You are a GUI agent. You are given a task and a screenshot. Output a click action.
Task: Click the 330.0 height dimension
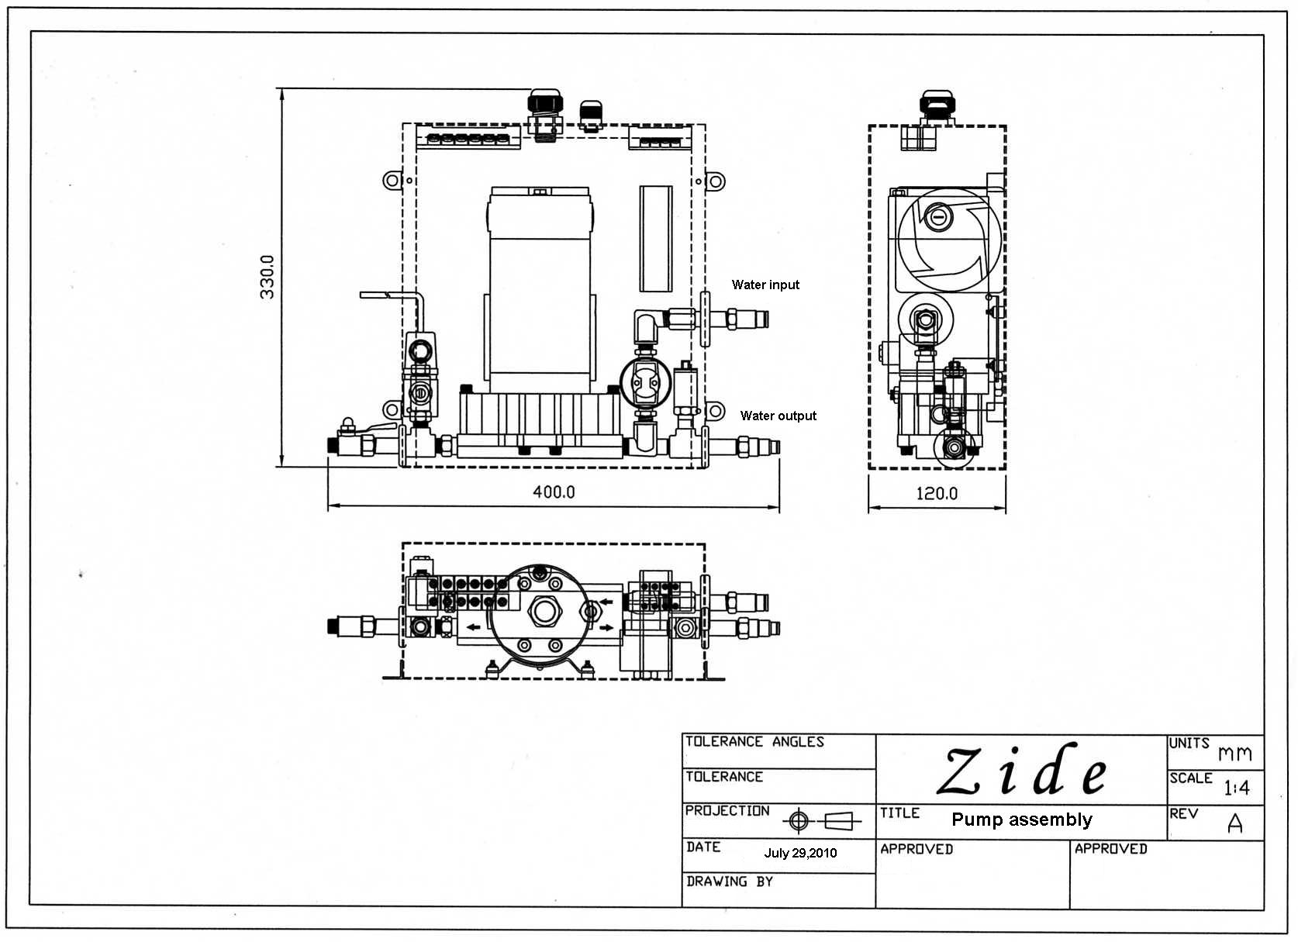pos(267,277)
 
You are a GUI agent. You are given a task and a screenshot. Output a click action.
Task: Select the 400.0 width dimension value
pos(554,492)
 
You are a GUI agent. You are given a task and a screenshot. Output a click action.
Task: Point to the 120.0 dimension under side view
pos(937,493)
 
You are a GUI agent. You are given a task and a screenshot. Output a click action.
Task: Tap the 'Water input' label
pos(765,285)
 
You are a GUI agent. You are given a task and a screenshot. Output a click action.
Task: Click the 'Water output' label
pos(778,416)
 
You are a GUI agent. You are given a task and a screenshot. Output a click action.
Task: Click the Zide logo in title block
pos(1022,771)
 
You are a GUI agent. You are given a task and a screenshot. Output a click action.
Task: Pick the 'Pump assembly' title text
pos(1021,820)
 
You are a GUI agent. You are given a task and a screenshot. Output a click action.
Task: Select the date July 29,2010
pos(800,853)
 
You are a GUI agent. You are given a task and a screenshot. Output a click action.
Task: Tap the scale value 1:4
pos(1237,788)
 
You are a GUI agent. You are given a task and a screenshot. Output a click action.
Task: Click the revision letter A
pos(1235,823)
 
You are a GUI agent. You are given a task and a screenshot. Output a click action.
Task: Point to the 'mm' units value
pos(1234,754)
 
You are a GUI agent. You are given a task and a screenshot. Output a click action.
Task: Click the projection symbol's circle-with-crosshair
pos(799,820)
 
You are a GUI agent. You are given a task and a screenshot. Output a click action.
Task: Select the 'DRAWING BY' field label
pos(729,882)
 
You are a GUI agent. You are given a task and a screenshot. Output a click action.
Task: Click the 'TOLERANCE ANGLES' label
pos(754,742)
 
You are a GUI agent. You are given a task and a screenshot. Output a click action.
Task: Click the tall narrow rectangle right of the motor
pos(655,238)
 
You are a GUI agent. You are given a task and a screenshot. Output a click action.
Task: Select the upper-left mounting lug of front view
pos(392,181)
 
